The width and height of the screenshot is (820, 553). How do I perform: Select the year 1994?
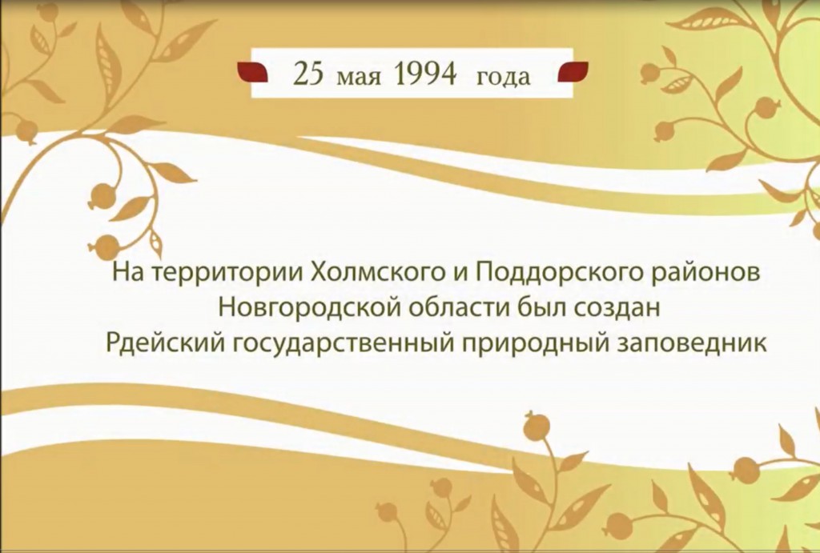425,74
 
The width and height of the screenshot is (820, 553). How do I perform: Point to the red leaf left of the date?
253,72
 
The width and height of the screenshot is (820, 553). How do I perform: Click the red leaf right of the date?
573,72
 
